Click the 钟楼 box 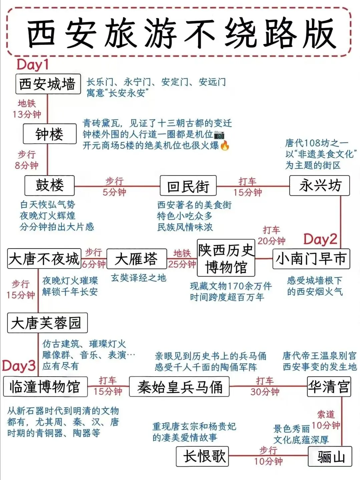(50, 134)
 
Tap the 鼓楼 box (49, 185)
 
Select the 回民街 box (188, 186)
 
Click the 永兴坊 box (320, 185)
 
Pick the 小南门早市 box (311, 259)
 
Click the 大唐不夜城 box (44, 259)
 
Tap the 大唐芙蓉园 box (47, 323)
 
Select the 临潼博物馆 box (45, 387)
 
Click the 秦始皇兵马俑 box (179, 387)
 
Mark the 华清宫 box (329, 387)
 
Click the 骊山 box (330, 457)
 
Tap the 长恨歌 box (203, 456)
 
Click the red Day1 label (33, 64)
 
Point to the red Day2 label (320, 239)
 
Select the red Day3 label (19, 366)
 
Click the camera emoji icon (219, 135)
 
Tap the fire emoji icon (225, 146)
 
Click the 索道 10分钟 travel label (326, 420)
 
